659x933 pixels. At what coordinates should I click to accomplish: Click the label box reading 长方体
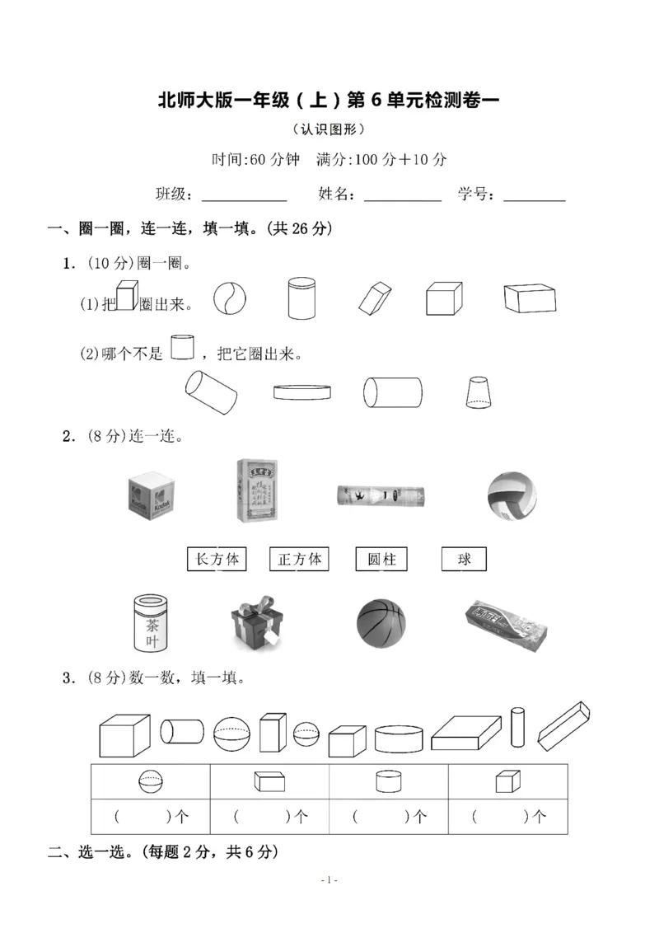click(x=217, y=560)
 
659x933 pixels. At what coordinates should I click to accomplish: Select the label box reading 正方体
click(x=299, y=560)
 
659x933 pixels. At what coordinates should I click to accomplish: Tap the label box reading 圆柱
click(x=381, y=560)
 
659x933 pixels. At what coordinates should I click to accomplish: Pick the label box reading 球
click(x=464, y=560)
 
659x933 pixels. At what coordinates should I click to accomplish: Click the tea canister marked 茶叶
click(x=153, y=624)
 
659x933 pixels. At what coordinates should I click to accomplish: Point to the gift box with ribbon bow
click(x=256, y=621)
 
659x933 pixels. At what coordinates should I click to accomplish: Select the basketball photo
click(x=381, y=623)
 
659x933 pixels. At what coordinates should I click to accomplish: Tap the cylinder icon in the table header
click(x=388, y=781)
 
